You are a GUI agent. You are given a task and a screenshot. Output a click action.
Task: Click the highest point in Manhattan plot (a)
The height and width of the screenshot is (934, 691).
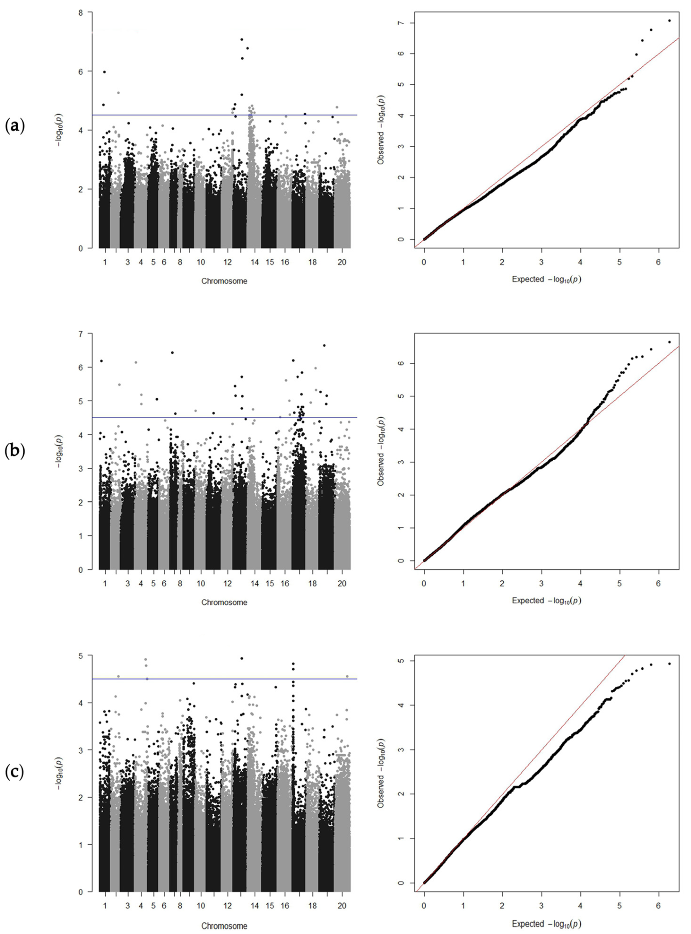pos(242,39)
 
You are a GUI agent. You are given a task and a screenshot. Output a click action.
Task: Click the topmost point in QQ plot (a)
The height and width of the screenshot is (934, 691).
pos(669,21)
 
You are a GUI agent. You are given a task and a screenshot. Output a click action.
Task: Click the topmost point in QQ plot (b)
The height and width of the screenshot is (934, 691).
pos(669,342)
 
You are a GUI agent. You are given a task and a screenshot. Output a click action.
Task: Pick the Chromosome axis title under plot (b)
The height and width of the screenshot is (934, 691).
pos(224,602)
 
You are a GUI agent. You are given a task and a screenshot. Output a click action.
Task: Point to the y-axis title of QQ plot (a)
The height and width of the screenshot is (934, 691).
pos(381,130)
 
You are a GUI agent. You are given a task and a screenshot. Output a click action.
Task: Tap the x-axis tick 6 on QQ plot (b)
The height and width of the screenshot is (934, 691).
pos(658,583)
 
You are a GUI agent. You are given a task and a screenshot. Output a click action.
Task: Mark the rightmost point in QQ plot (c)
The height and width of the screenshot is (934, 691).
pos(669,664)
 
